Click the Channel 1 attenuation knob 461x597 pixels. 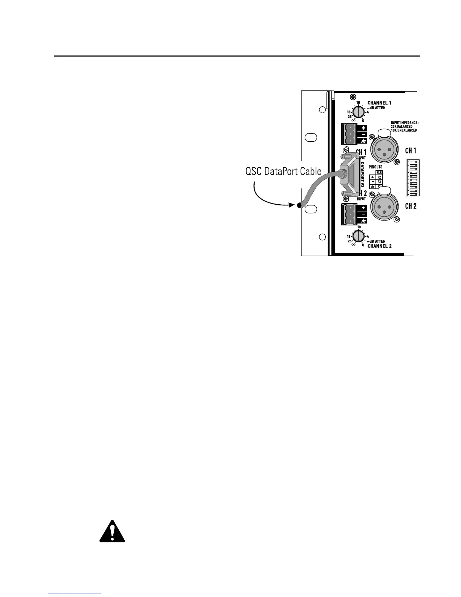pyautogui.click(x=359, y=112)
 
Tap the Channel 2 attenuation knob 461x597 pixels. pyautogui.click(x=359, y=236)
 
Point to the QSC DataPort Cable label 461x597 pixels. pyautogui.click(x=283, y=171)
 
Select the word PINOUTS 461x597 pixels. pyautogui.click(x=375, y=166)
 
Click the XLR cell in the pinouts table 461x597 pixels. pyautogui.click(x=379, y=172)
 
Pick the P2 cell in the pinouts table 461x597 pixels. pyautogui.click(x=379, y=177)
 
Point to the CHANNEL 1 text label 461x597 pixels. pyautogui.click(x=379, y=103)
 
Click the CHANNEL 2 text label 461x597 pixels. pyautogui.click(x=379, y=246)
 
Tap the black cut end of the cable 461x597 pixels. pyautogui.click(x=299, y=205)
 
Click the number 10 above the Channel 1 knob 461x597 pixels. pyautogui.click(x=359, y=102)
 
